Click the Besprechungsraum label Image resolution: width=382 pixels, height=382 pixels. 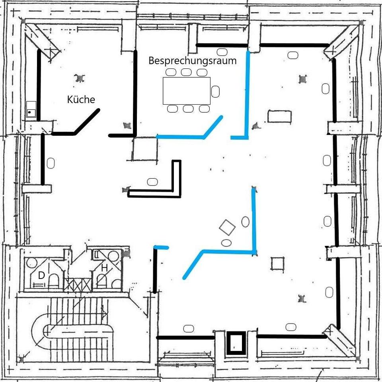pos(193,60)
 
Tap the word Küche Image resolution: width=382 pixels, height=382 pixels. pos(81,99)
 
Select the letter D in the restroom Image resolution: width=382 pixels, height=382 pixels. pos(41,275)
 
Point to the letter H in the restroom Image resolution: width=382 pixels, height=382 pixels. pos(104,268)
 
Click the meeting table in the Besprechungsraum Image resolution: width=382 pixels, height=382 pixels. pos(187,91)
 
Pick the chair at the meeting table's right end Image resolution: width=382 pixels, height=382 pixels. pos(215,92)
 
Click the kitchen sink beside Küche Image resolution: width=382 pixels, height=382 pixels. pos(31,109)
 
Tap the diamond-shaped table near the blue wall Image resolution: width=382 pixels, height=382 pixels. pos(227,227)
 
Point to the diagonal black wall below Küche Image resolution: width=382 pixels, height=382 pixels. pos(86,122)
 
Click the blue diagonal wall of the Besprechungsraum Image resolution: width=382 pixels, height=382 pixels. pos(212,127)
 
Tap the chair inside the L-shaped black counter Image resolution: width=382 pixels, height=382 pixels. pos(152,182)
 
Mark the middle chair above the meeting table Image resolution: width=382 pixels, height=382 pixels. pos(186,72)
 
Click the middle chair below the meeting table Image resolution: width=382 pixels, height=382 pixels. pos(188,109)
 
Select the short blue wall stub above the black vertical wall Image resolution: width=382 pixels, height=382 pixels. pos(161,248)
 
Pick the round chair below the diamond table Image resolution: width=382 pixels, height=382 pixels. pos(226,243)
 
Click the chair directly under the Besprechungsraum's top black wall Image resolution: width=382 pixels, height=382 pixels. pos(222,52)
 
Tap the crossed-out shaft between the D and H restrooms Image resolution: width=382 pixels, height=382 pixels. pos(78,285)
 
